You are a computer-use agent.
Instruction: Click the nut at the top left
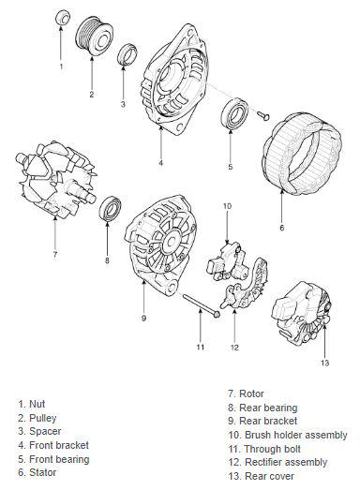tap(63, 18)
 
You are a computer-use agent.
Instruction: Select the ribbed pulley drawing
tap(94, 36)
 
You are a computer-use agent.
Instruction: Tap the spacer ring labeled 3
tap(127, 54)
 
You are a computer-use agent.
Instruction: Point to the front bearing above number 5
tap(234, 113)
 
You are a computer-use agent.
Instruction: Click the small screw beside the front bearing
tap(263, 115)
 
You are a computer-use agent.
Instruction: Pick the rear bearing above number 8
tap(110, 208)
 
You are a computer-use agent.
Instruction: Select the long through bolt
tap(201, 305)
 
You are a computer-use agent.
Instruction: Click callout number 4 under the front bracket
tap(160, 163)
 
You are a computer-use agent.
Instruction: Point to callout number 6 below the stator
tap(282, 228)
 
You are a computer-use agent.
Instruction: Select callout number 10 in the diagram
tap(227, 206)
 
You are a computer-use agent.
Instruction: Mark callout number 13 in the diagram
tap(324, 363)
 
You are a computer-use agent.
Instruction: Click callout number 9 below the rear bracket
tap(143, 319)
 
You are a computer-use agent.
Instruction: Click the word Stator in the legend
tap(42, 472)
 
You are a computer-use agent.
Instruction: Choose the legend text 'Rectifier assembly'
tap(286, 462)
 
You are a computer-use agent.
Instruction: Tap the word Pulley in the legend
tap(42, 419)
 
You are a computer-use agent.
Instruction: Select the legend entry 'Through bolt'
tap(272, 449)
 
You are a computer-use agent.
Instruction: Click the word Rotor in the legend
tap(251, 393)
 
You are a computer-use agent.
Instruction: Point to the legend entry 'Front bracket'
tap(59, 445)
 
